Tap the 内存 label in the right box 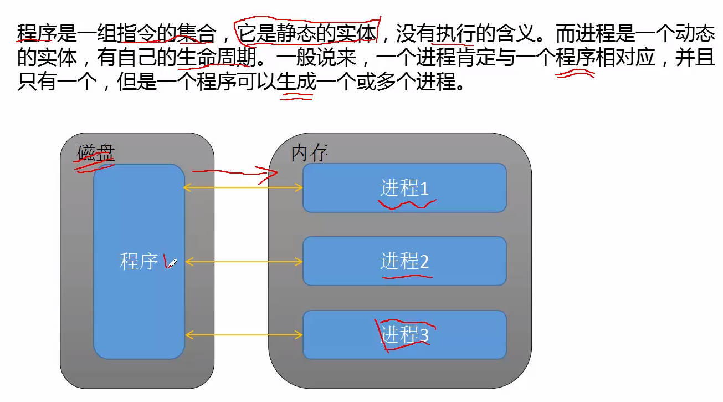tap(309, 154)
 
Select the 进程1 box tap(404, 188)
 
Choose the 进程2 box tap(404, 261)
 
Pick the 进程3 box tap(404, 335)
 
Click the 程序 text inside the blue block tap(139, 262)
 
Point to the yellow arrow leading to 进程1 tap(243, 189)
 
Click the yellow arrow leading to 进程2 tap(243, 262)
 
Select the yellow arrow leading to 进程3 tap(243, 335)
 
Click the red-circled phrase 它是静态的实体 tap(307, 35)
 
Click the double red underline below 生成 tap(297, 96)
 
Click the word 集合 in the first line tap(197, 35)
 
